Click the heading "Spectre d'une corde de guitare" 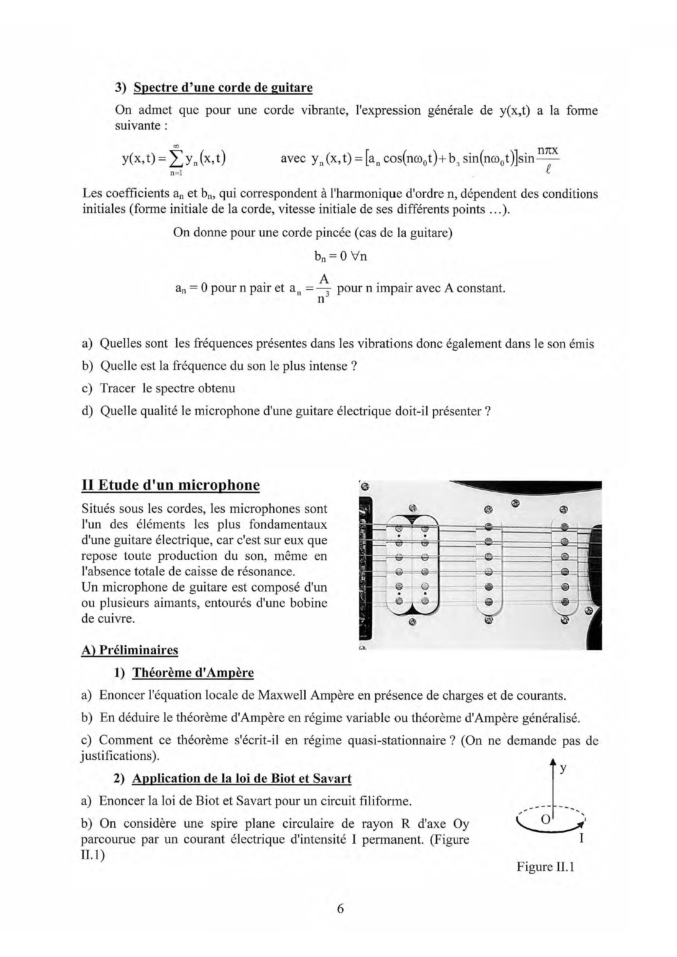coord(223,88)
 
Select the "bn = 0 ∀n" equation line coord(340,256)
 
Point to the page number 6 coord(340,908)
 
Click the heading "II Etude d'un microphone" coord(171,485)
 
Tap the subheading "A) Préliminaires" coord(130,650)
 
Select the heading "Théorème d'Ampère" coord(193,673)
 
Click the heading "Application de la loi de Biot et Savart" coord(241,779)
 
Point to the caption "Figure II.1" coord(545,867)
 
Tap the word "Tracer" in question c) coord(118,388)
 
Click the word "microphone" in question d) coord(227,411)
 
